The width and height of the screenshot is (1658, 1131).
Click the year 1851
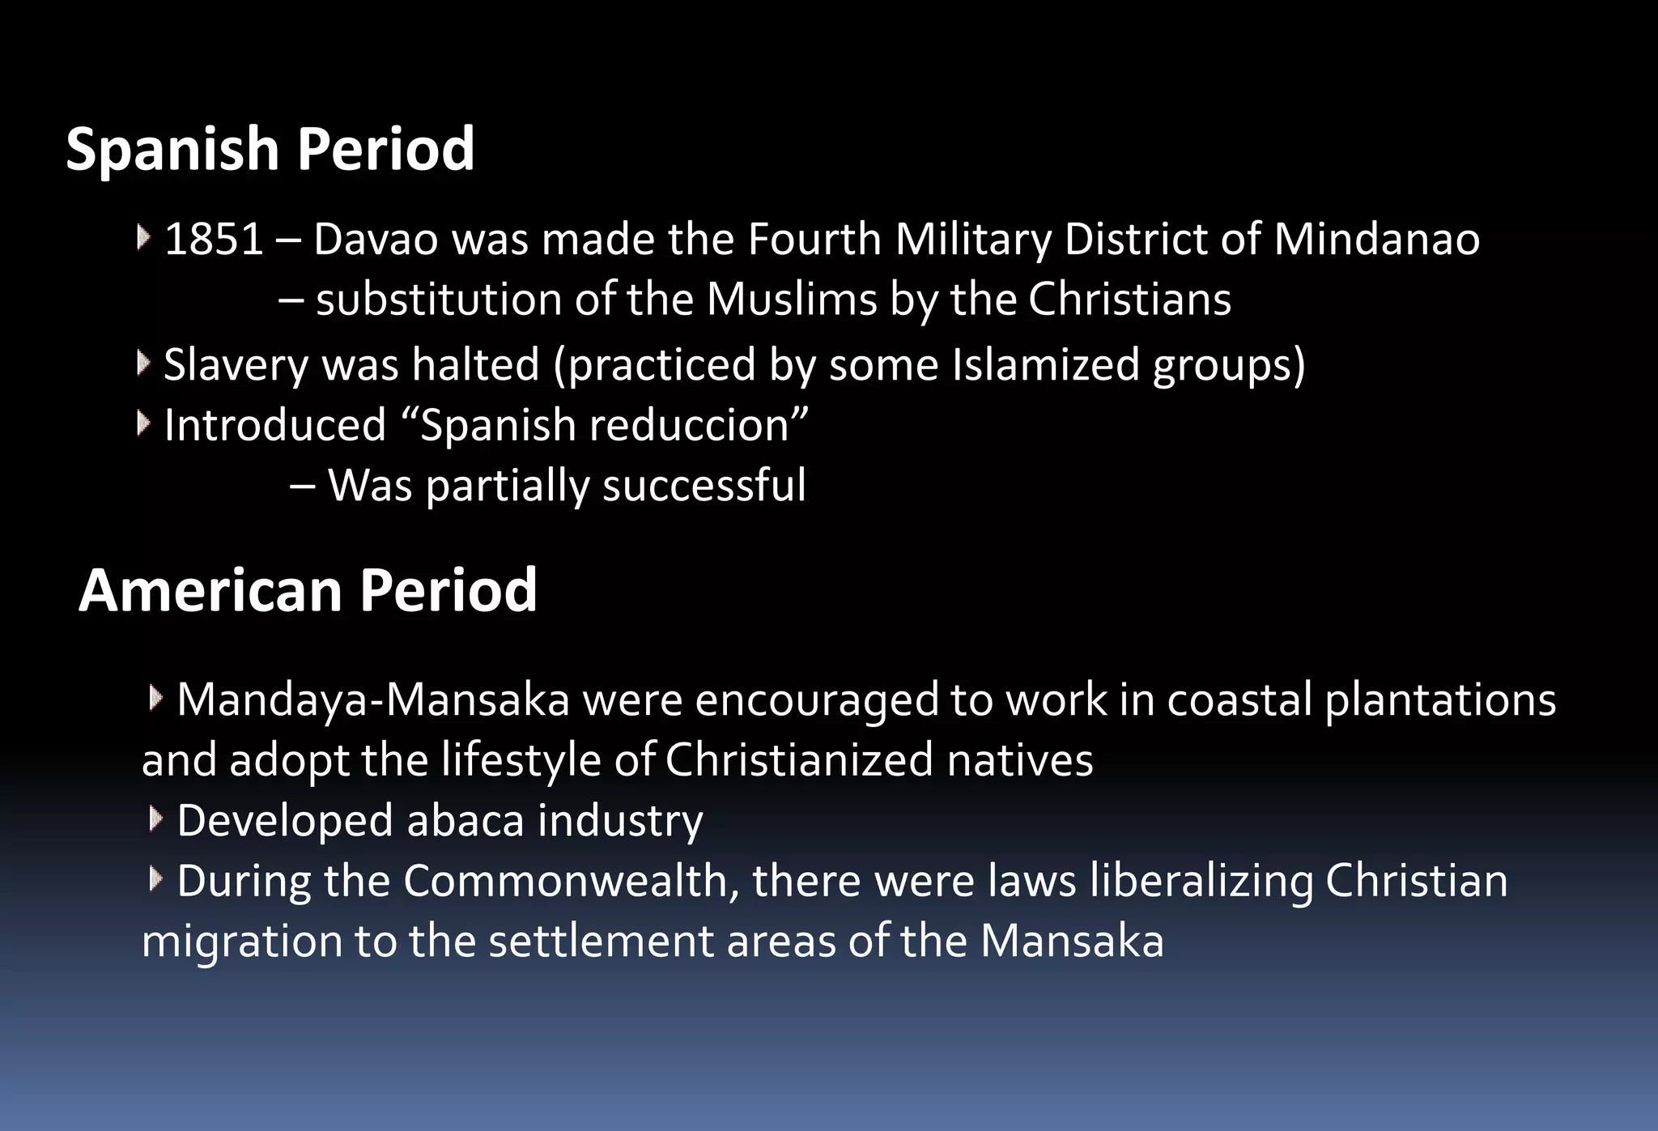tap(214, 240)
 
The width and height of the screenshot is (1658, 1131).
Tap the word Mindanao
tap(1376, 240)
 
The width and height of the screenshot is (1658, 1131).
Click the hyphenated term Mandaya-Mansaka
tap(373, 699)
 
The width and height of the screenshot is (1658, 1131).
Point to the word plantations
tap(1440, 699)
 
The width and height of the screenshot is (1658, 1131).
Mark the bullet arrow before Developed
tap(155, 819)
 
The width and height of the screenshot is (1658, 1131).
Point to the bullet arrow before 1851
tap(143, 238)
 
